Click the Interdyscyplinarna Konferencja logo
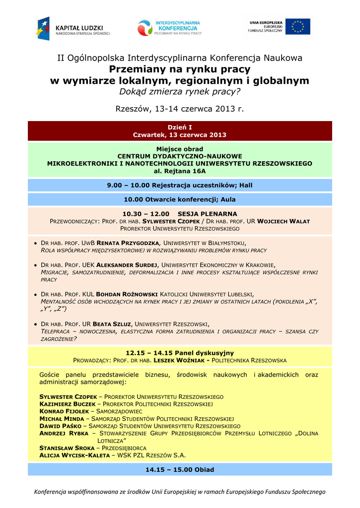click(170, 28)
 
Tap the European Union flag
click(298, 26)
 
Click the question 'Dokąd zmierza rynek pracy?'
click(180, 92)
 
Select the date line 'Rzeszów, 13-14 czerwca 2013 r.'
click(180, 109)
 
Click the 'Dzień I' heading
click(180, 127)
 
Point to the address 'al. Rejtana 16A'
click(180, 171)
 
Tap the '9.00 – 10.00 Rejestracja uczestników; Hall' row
click(180, 185)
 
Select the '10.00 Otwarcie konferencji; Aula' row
click(180, 199)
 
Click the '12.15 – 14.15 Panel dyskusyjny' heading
click(180, 353)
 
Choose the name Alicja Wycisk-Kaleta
click(74, 455)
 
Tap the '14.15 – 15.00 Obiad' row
click(180, 469)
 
